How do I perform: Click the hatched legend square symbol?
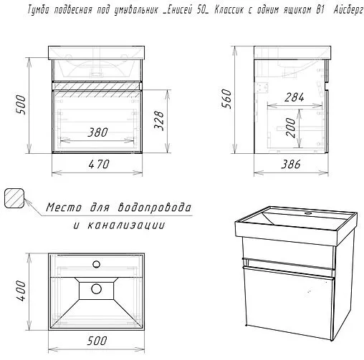[x=14, y=197]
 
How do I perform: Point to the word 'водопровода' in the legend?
[x=155, y=208]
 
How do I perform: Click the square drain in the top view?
[x=96, y=289]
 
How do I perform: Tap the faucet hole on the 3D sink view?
[x=310, y=212]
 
